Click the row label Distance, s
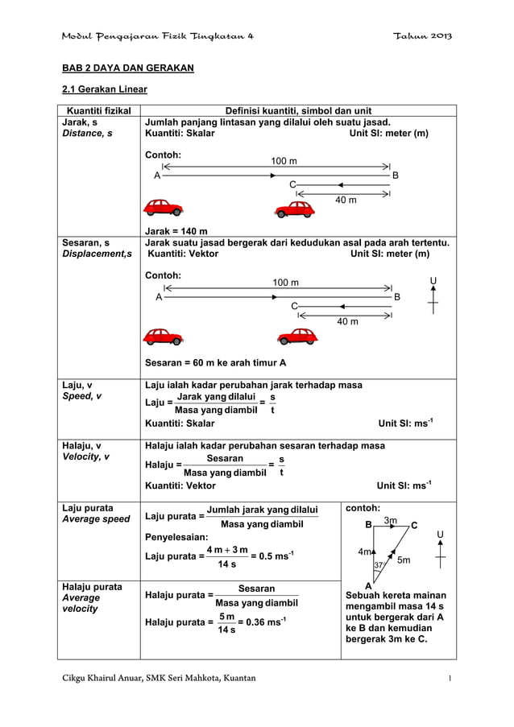pyautogui.click(x=86, y=134)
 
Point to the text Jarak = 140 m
pyautogui.click(x=175, y=231)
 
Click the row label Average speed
pyautogui.click(x=96, y=519)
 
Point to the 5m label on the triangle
pyautogui.click(x=404, y=560)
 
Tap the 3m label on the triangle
pyautogui.click(x=391, y=522)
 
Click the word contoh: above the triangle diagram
pyautogui.click(x=363, y=509)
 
